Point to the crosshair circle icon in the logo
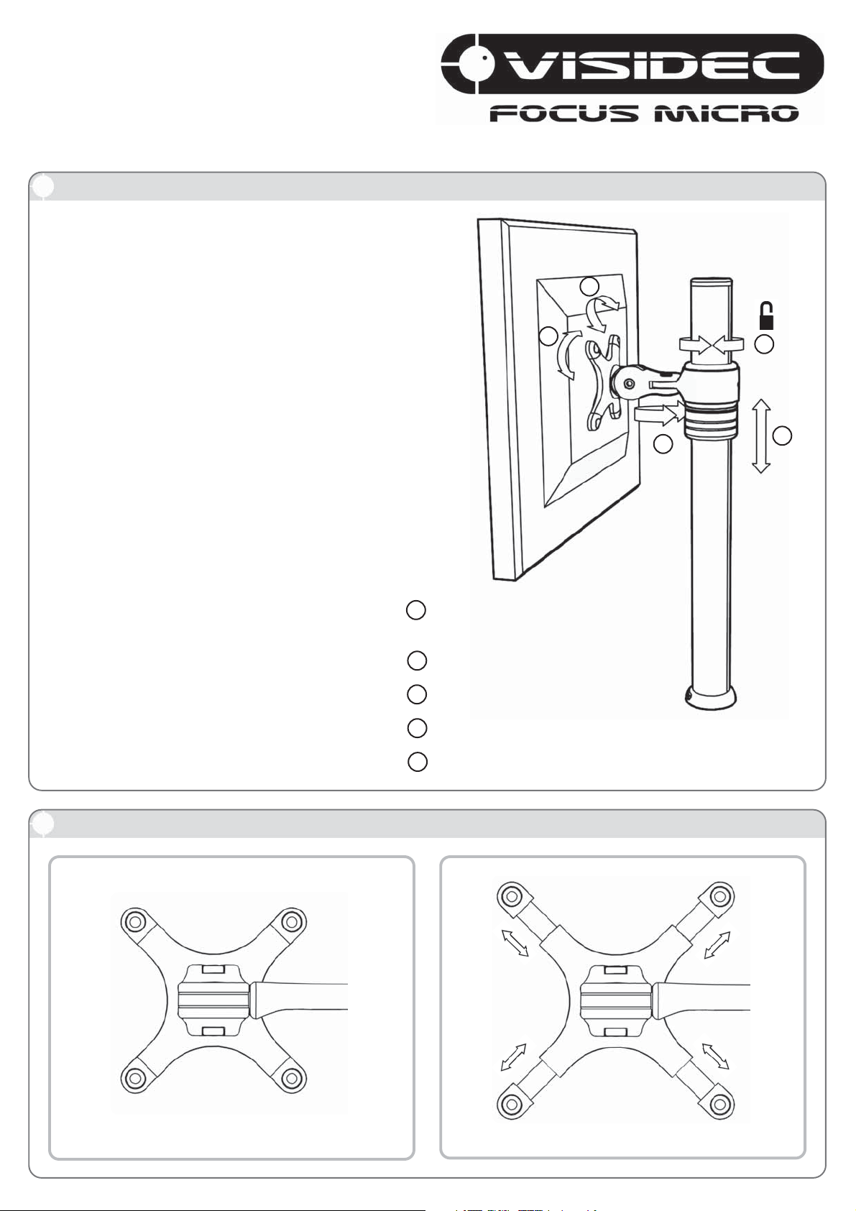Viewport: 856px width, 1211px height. (474, 65)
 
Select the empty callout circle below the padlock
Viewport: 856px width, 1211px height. (764, 344)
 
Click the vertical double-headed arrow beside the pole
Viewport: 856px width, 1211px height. (761, 436)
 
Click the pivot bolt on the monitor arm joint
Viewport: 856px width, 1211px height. (628, 383)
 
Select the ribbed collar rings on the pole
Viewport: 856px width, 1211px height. (711, 420)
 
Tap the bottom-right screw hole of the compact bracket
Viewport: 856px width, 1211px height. (292, 1077)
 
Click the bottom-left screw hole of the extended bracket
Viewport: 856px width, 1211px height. (510, 1102)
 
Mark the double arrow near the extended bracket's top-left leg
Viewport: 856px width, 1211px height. (515, 944)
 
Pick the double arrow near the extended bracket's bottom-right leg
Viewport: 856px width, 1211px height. (715, 1056)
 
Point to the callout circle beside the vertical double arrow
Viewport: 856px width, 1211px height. (783, 436)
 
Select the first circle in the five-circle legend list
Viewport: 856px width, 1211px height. (416, 610)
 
